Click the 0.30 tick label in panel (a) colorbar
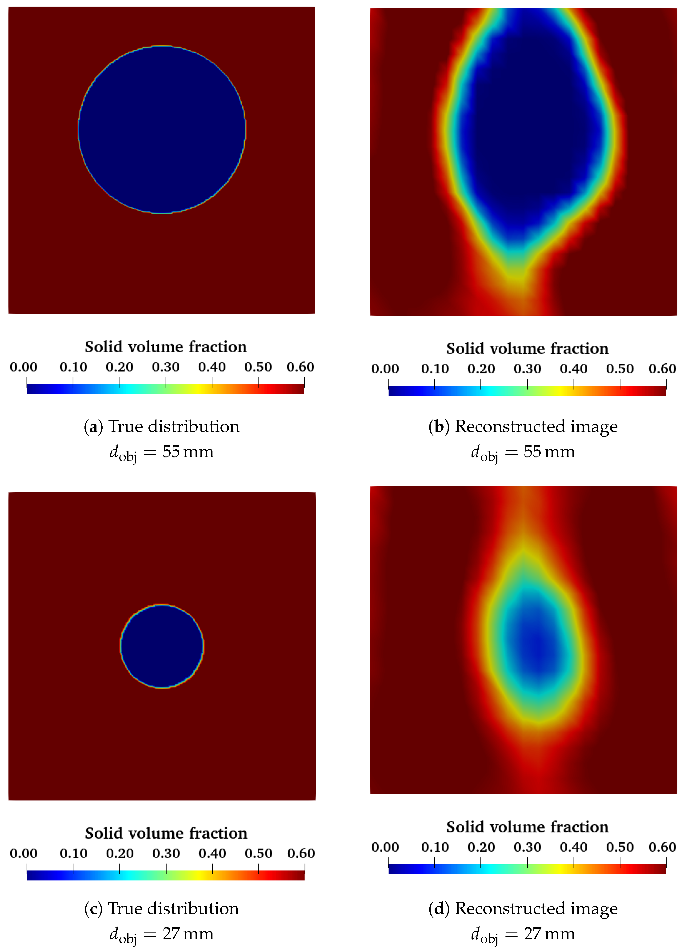click(x=166, y=367)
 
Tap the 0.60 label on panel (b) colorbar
click(x=662, y=368)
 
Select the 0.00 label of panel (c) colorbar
click(x=24, y=853)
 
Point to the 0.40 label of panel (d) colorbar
click(x=574, y=847)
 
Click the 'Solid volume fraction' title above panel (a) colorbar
click(x=166, y=347)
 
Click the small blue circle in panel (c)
click(x=162, y=646)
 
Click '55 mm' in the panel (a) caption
click(x=188, y=452)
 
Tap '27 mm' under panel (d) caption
click(x=549, y=934)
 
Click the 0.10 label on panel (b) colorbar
click(x=435, y=368)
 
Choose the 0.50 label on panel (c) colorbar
click(x=259, y=853)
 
